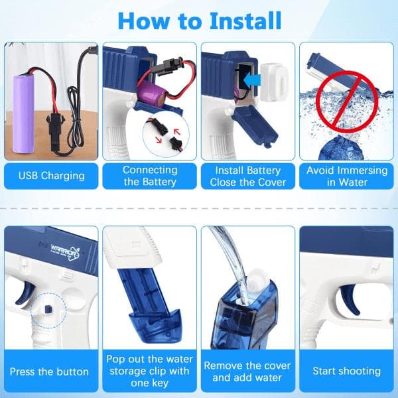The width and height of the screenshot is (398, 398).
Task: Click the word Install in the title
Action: click(x=245, y=21)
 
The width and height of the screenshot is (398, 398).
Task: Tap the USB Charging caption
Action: click(x=51, y=176)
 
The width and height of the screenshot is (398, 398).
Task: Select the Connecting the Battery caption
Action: click(x=150, y=176)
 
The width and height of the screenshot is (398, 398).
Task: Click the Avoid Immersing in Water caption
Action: click(x=347, y=176)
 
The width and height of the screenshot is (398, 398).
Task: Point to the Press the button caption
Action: click(x=49, y=371)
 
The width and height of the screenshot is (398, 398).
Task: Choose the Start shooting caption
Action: click(x=346, y=371)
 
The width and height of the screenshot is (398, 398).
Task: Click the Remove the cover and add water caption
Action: click(x=247, y=371)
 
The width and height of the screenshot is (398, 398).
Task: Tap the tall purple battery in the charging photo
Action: click(x=23, y=113)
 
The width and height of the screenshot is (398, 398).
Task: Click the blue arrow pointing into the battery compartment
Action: click(x=252, y=80)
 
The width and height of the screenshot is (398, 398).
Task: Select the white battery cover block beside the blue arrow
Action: click(x=275, y=82)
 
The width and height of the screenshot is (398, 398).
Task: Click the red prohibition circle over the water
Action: click(x=347, y=101)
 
